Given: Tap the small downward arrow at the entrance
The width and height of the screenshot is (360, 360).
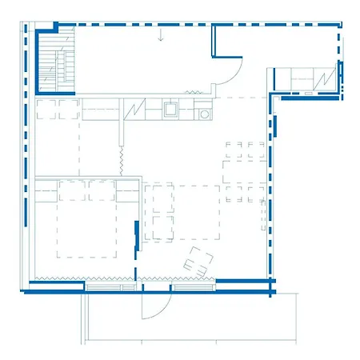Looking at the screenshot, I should click(x=161, y=34).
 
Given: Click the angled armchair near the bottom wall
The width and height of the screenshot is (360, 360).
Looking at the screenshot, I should click(x=198, y=261).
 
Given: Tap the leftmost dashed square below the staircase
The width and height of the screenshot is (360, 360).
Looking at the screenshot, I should click(x=44, y=109).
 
